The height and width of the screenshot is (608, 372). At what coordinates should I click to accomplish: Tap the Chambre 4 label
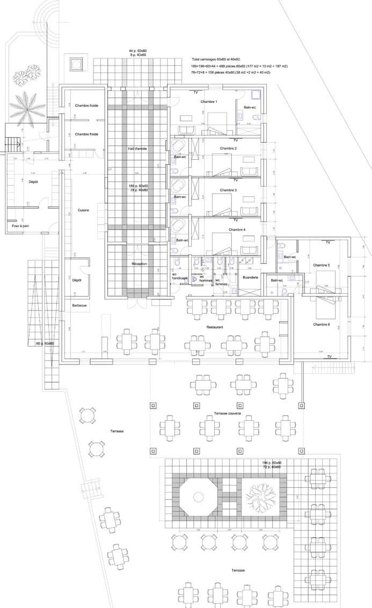(x=237, y=229)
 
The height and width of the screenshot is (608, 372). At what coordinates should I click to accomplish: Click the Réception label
(x=140, y=264)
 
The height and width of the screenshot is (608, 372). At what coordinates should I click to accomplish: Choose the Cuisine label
(x=83, y=210)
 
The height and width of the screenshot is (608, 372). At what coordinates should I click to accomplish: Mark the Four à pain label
(x=20, y=226)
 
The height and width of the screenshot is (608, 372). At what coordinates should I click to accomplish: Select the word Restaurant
(x=215, y=327)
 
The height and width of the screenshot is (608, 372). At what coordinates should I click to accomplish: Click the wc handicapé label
(x=179, y=277)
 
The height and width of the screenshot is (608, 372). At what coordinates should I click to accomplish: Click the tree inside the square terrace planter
(x=260, y=496)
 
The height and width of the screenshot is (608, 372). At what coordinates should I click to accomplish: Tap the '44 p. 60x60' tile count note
(x=137, y=50)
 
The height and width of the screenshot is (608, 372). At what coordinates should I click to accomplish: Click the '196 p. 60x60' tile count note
(x=272, y=462)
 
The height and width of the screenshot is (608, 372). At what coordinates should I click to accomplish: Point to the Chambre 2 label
(x=228, y=148)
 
